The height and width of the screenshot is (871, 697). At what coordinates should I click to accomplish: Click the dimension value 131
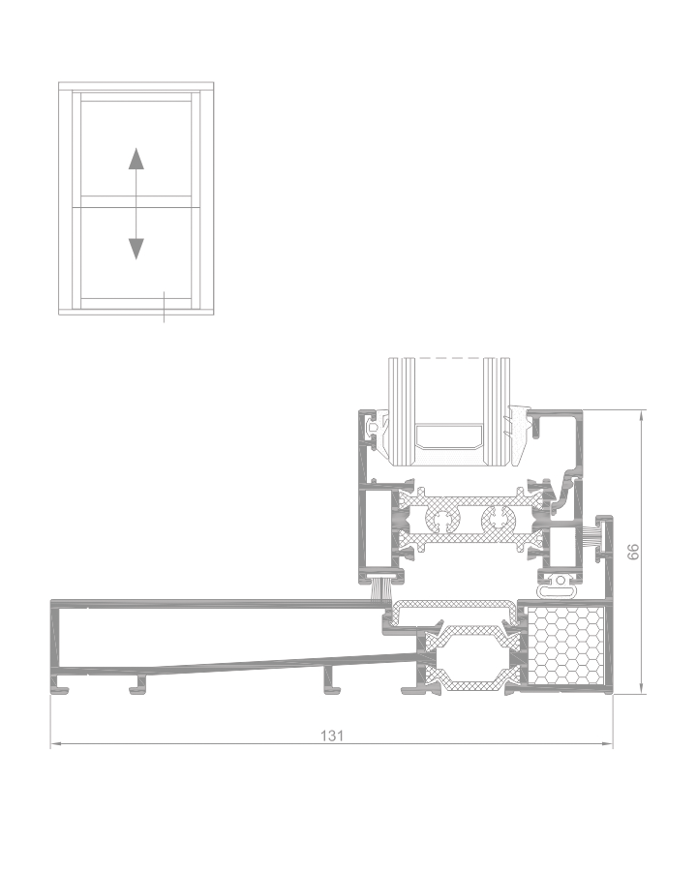pos(332,736)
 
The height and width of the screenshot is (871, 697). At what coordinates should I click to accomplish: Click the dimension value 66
pos(632,552)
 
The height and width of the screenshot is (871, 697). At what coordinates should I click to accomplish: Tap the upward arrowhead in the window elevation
pos(136,159)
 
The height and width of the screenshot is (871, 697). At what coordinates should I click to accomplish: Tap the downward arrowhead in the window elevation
pos(136,250)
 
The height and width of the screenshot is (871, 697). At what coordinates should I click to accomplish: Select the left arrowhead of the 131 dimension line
pos(55,744)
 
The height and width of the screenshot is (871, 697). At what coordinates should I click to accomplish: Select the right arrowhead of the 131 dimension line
pos(608,744)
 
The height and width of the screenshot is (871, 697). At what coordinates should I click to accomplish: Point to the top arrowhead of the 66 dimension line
pos(642,415)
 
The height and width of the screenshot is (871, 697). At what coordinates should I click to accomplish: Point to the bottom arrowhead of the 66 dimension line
pos(642,688)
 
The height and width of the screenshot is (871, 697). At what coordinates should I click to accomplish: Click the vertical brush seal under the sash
pos(379,590)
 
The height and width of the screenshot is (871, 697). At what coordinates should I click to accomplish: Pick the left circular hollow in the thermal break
pos(443,521)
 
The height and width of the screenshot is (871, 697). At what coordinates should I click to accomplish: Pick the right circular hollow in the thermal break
pos(498,521)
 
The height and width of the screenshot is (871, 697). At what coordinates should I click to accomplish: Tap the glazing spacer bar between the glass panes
pos(449,437)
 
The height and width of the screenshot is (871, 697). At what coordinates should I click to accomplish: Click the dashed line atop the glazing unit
pos(449,358)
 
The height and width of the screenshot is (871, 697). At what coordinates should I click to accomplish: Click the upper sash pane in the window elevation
pos(136,148)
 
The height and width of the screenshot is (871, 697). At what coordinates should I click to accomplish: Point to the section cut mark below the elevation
pos(164,306)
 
